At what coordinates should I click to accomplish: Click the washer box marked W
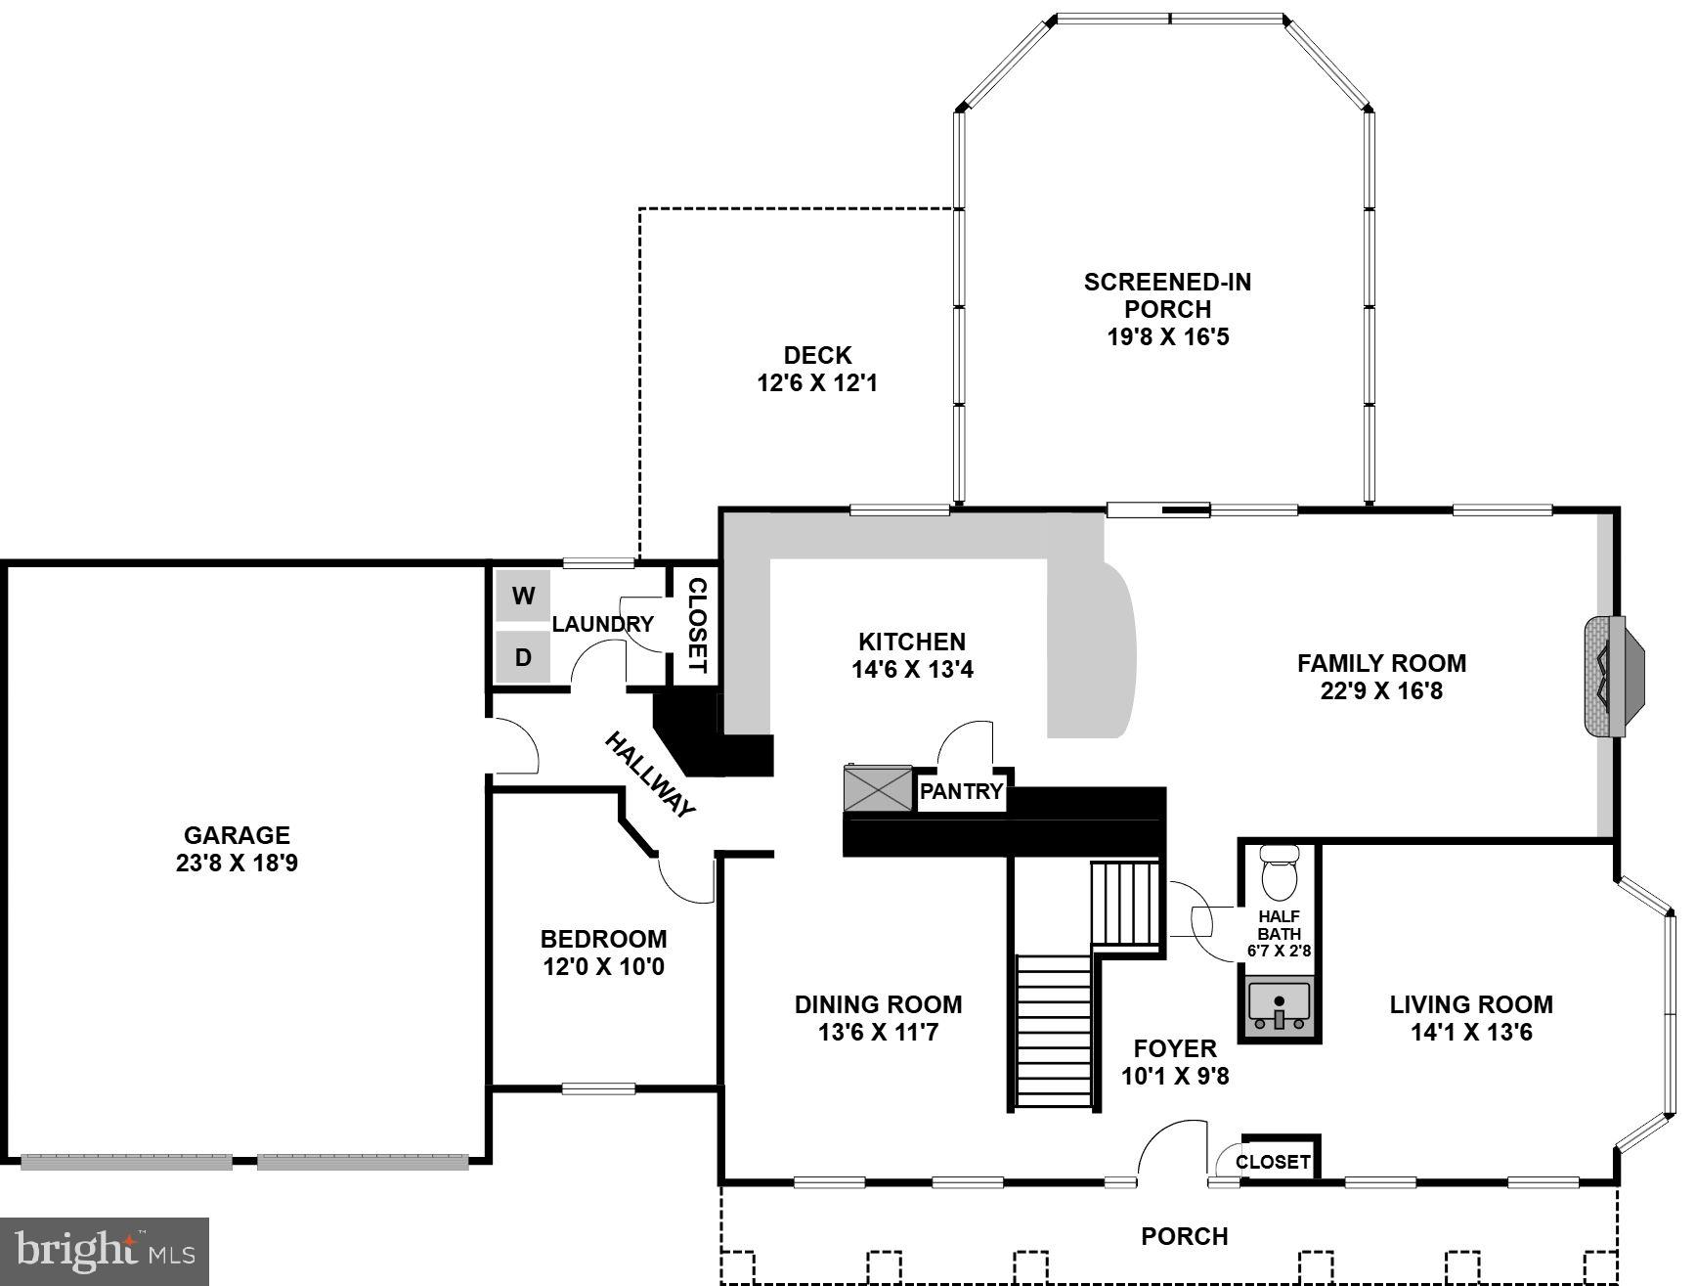pyautogui.click(x=523, y=596)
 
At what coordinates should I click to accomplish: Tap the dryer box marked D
pyautogui.click(x=523, y=657)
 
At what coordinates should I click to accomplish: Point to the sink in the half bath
pyautogui.click(x=1279, y=1006)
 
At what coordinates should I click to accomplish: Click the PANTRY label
pyautogui.click(x=962, y=792)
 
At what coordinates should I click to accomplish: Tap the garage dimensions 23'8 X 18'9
pyautogui.click(x=238, y=864)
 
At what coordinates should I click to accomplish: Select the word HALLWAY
pyautogui.click(x=651, y=775)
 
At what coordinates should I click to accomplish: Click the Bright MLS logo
pyautogui.click(x=105, y=1251)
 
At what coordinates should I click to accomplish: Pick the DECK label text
pyautogui.click(x=817, y=355)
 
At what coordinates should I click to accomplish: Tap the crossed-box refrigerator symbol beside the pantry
pyautogui.click(x=878, y=788)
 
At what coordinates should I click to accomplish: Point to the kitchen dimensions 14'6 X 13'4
pyautogui.click(x=912, y=670)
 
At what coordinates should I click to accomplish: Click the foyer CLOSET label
pyautogui.click(x=1273, y=1162)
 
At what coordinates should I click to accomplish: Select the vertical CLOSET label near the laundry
pyautogui.click(x=697, y=625)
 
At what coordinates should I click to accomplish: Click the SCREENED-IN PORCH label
pyautogui.click(x=1167, y=295)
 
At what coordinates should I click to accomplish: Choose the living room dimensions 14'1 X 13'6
pyautogui.click(x=1471, y=1033)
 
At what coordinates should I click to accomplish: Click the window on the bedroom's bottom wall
pyautogui.click(x=598, y=1088)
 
